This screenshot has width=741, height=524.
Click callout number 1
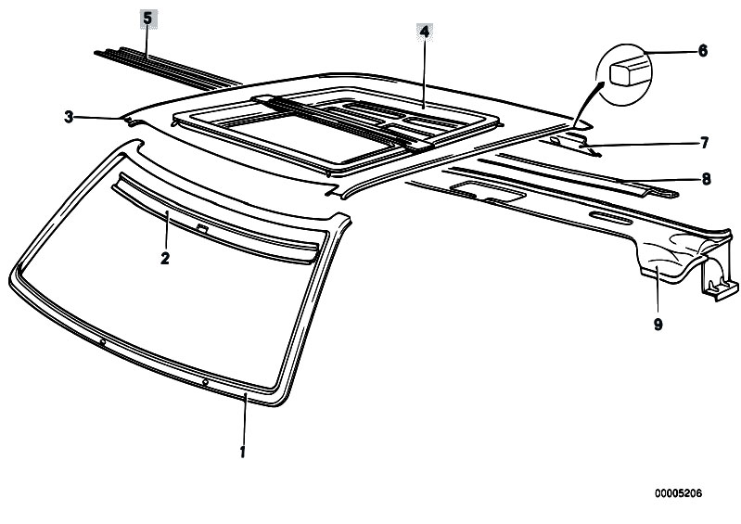[x=242, y=452]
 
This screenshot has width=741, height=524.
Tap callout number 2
[x=164, y=258]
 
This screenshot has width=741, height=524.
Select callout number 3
[x=69, y=117]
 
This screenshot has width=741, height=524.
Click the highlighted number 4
[x=425, y=32]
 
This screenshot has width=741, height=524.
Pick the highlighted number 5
[x=147, y=19]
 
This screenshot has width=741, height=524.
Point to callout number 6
[x=703, y=51]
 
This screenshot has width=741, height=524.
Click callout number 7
[x=704, y=142]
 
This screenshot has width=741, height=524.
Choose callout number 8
[x=706, y=179]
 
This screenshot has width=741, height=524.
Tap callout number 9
[x=658, y=324]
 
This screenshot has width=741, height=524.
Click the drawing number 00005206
[x=678, y=493]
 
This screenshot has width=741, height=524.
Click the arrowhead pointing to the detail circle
[x=601, y=86]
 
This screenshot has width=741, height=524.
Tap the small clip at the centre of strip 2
[x=202, y=229]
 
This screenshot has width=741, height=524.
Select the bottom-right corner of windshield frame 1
[x=280, y=403]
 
